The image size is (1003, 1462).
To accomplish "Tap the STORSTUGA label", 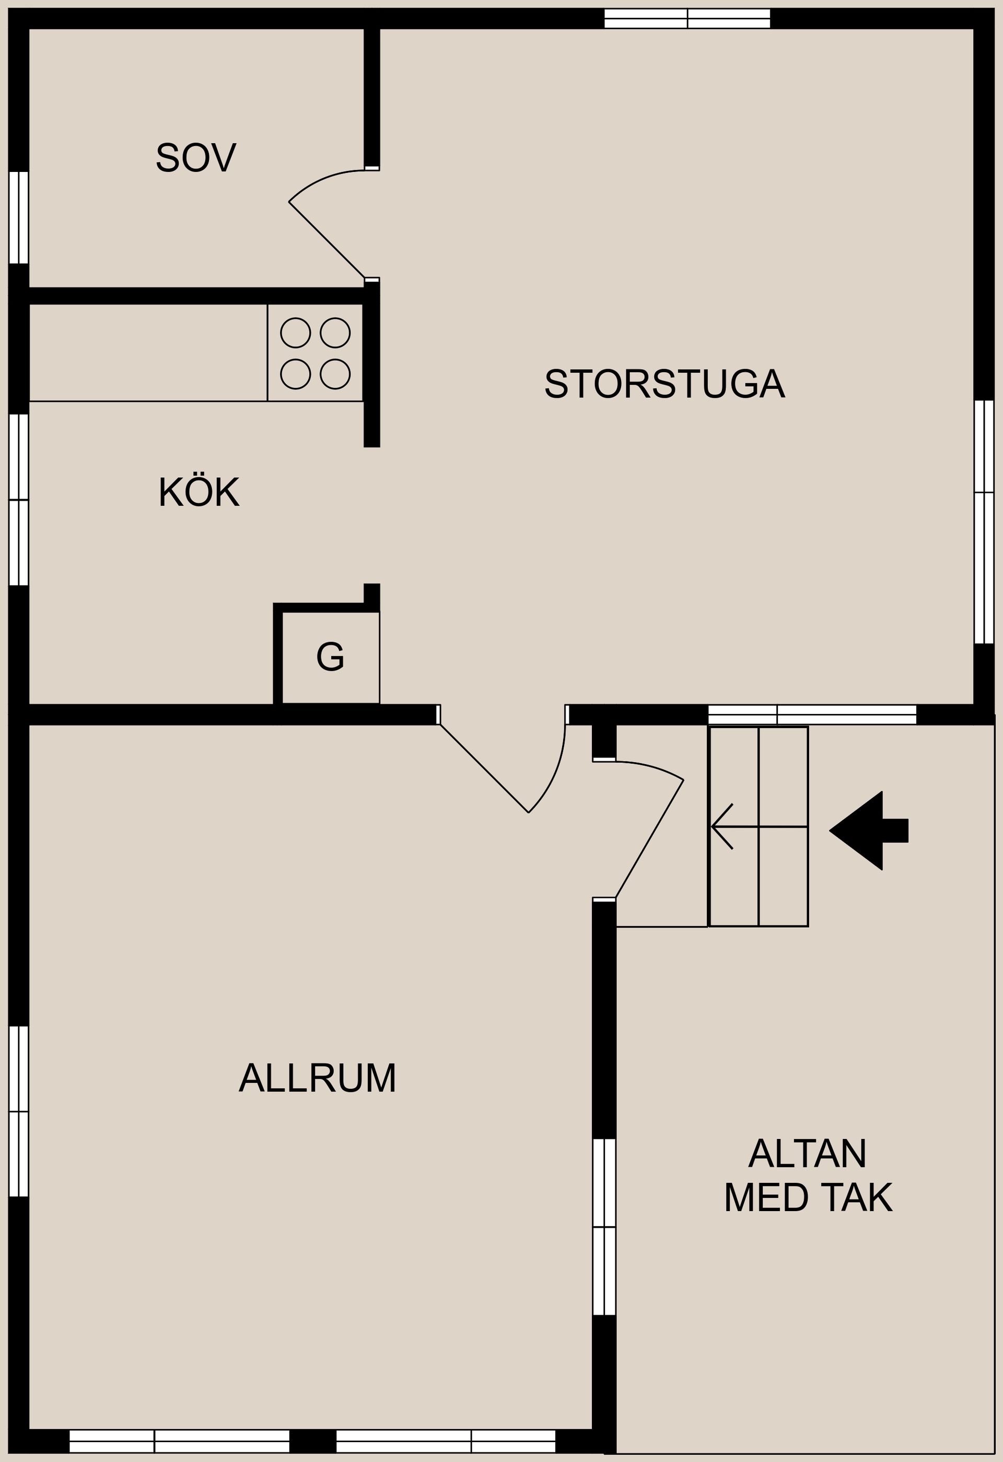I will (x=664, y=384).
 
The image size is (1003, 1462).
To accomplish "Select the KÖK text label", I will (x=199, y=492).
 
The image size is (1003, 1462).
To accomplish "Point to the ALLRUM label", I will (x=317, y=1078).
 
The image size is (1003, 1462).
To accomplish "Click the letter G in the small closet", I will (x=330, y=657).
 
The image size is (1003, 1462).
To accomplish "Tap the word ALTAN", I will (x=808, y=1154).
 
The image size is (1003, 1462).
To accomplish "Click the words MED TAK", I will (x=808, y=1198).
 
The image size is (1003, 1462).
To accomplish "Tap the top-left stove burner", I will (x=296, y=332).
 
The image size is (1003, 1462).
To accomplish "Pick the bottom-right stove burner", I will (x=335, y=374).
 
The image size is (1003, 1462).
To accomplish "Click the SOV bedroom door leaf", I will (x=326, y=240).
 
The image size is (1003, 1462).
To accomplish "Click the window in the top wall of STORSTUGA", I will (x=687, y=18).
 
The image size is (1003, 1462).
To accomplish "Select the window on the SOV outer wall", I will (x=19, y=217).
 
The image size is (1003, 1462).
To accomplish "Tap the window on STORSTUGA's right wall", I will (x=984, y=522).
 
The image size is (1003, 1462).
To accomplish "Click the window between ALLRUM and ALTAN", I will (x=604, y=1227).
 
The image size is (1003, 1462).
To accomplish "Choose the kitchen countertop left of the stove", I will (x=148, y=352).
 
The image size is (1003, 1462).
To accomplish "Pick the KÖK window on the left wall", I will (x=19, y=500).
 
